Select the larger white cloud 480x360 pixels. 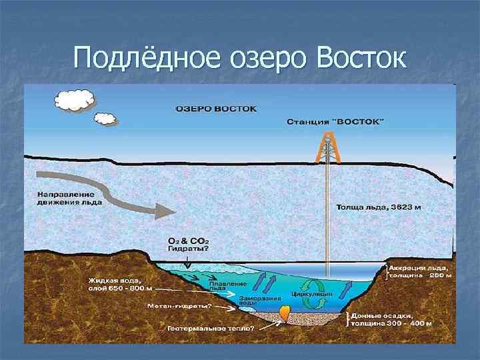coord(74,99)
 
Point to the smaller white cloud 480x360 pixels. coord(105,119)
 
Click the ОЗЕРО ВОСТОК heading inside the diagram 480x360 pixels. coord(217,107)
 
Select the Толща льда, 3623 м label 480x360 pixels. coord(375,207)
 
